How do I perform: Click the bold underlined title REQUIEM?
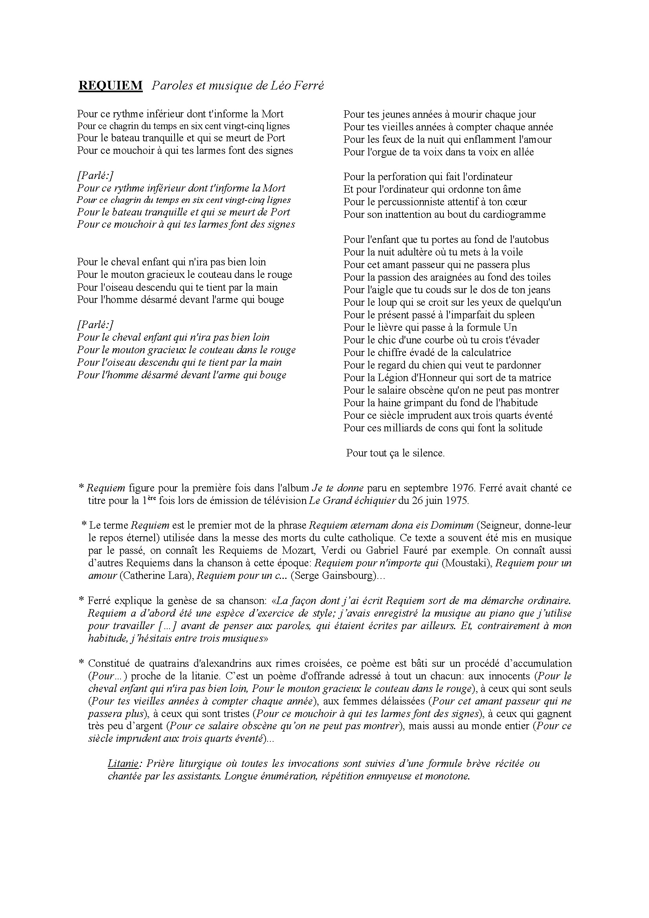tap(110, 86)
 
